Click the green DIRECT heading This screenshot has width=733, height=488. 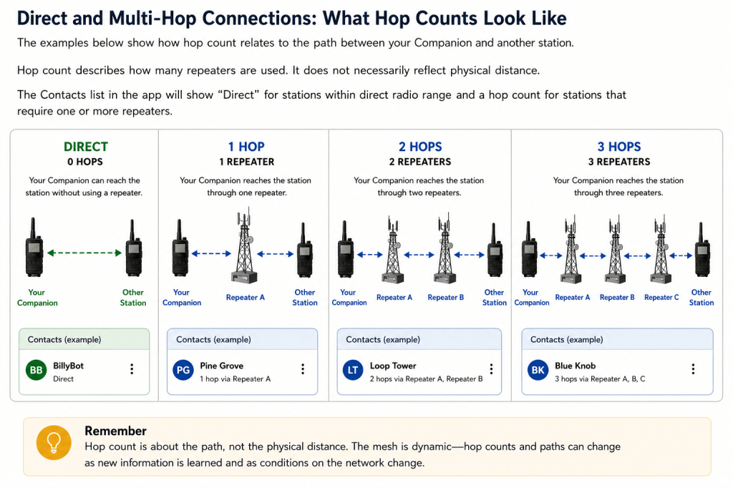[x=86, y=147]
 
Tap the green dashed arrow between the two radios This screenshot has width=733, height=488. [x=84, y=253]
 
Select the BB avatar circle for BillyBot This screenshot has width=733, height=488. [x=37, y=370]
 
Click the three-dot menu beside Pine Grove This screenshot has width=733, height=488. [x=303, y=369]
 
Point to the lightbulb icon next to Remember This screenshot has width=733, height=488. [x=54, y=442]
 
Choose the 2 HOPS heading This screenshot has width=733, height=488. [x=419, y=147]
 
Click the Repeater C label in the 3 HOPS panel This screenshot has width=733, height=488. [x=661, y=297]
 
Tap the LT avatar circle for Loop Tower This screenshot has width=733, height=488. [x=353, y=370]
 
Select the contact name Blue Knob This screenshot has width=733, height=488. [x=575, y=366]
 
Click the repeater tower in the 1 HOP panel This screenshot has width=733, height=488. [x=245, y=247]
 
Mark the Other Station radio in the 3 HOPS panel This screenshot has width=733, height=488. [x=702, y=250]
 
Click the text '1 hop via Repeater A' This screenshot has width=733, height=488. [x=235, y=379]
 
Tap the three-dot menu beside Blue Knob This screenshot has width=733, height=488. [x=693, y=369]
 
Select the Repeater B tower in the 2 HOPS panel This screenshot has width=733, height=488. [x=444, y=249]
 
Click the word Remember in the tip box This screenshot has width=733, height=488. [x=115, y=431]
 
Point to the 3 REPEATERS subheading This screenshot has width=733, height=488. [x=619, y=162]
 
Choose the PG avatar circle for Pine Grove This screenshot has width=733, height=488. [x=183, y=370]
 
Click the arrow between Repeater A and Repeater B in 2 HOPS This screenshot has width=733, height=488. [x=419, y=255]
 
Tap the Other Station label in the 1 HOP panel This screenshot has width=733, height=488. [x=305, y=297]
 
